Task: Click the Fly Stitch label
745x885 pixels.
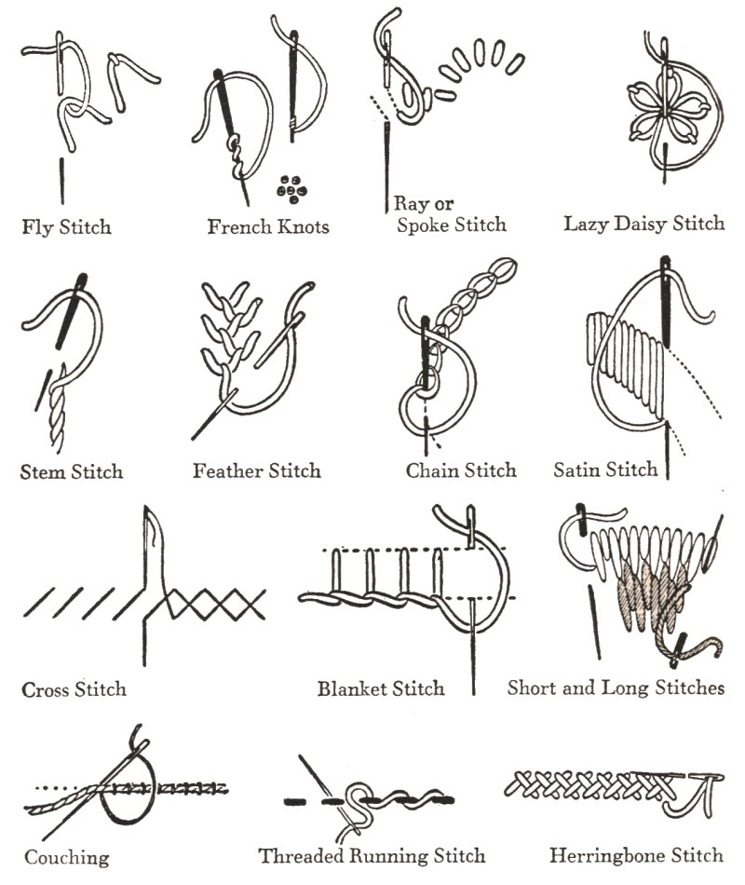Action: [66, 226]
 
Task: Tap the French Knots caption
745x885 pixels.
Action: [268, 226]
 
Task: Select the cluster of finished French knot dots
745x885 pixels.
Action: [291, 188]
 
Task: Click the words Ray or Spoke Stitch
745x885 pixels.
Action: [451, 214]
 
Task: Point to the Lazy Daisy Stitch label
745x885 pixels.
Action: [643, 224]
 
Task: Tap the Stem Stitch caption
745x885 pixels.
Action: [72, 471]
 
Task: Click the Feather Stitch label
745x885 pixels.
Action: [257, 471]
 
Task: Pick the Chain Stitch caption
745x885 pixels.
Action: [461, 471]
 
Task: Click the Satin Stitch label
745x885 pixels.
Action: [605, 470]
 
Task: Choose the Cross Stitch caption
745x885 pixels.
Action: [74, 690]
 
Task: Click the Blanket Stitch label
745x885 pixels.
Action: [381, 690]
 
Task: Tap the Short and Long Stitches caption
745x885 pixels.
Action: [616, 688]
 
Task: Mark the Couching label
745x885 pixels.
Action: [66, 857]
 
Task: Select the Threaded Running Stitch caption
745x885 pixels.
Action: [372, 855]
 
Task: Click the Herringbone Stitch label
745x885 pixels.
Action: [636, 854]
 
